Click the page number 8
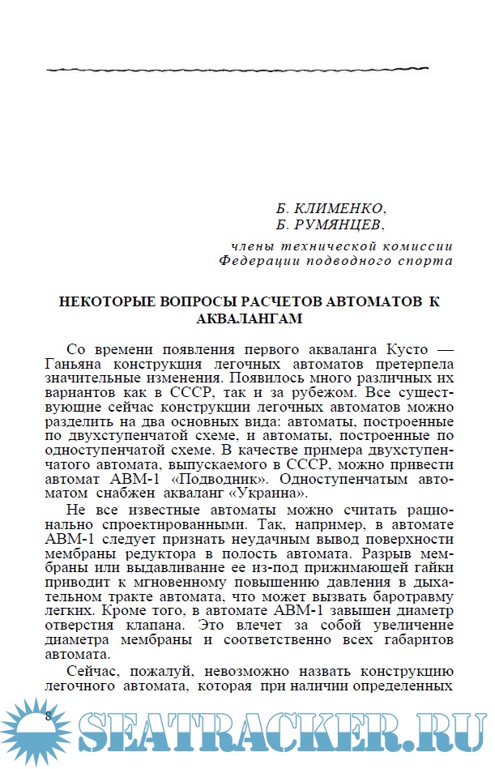pyautogui.click(x=48, y=716)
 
